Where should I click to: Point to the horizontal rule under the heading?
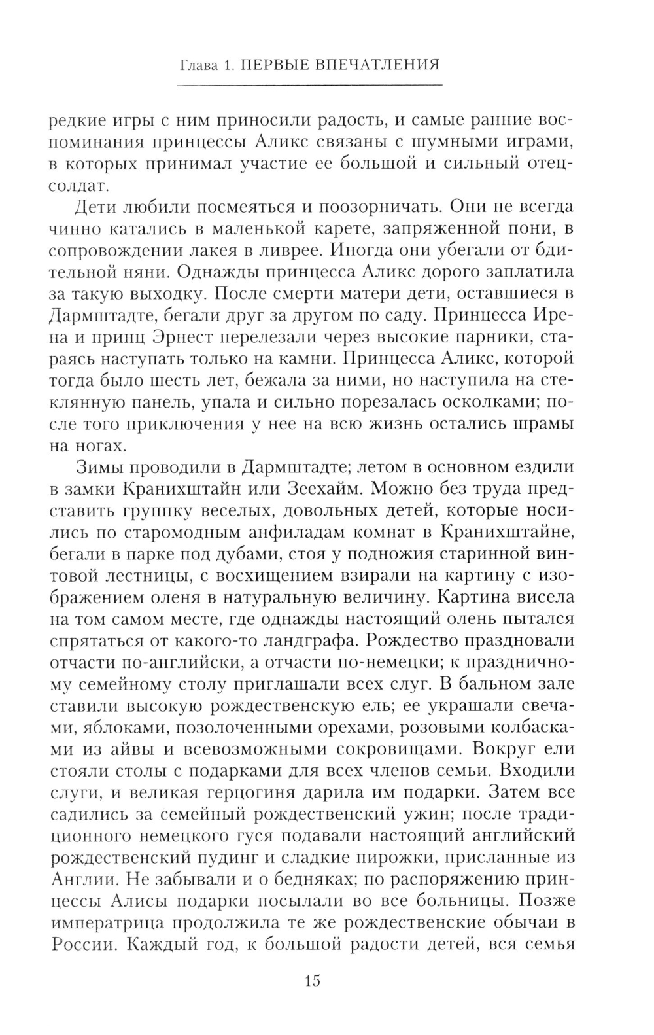pyautogui.click(x=310, y=86)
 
